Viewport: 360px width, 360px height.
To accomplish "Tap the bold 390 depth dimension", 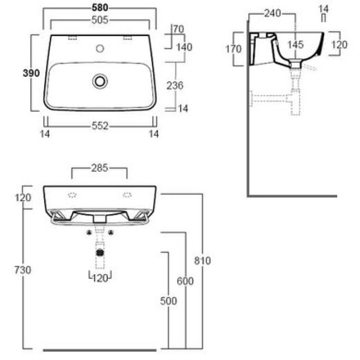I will [31, 73].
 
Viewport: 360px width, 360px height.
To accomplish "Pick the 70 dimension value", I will [178, 29].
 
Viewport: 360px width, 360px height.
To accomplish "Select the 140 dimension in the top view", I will [184, 47].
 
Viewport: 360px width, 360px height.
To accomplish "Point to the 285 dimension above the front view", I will [99, 168].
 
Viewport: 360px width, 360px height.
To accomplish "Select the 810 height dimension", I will [203, 261].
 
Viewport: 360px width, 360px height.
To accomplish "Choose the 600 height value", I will [185, 282].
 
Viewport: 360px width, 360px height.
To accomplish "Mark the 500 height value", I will [169, 301].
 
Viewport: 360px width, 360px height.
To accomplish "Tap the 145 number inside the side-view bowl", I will [295, 45].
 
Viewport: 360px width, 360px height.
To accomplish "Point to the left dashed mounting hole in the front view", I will [72, 194].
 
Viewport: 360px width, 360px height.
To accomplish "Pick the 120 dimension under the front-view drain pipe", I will [100, 278].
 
